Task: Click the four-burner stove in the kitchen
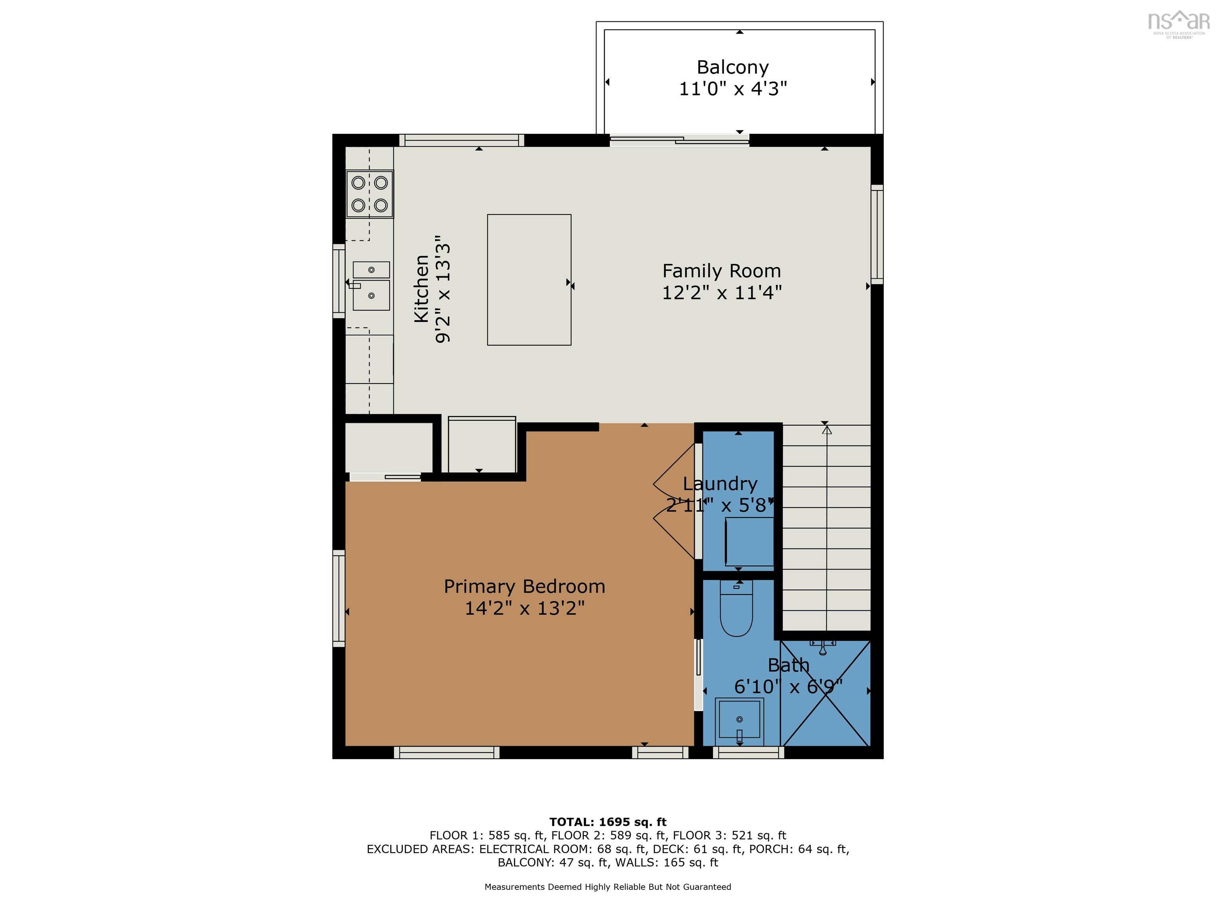click(369, 194)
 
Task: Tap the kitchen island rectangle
click(529, 280)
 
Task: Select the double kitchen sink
click(371, 285)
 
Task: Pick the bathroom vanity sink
click(739, 722)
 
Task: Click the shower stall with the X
click(826, 693)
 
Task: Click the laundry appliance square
click(749, 541)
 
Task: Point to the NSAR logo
click(1179, 24)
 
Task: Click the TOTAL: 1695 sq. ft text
click(608, 822)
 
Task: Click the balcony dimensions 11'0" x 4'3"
click(733, 89)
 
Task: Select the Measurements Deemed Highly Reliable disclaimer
click(608, 887)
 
